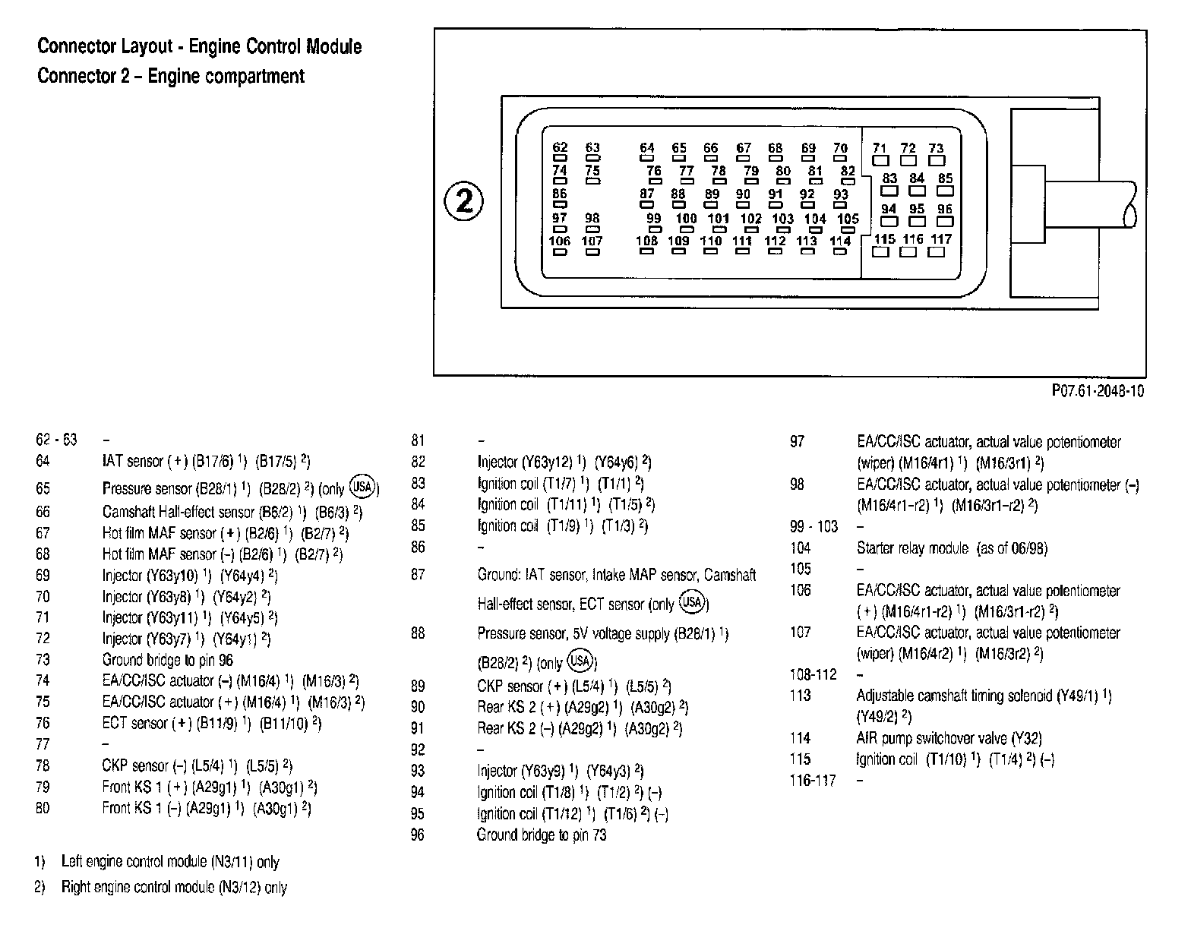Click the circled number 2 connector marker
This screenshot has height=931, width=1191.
tap(463, 201)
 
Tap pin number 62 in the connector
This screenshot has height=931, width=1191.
tap(560, 153)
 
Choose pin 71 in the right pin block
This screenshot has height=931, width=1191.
tap(880, 154)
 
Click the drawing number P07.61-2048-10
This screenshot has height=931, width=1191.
tap(1098, 391)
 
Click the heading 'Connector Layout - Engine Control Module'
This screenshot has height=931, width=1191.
tap(200, 47)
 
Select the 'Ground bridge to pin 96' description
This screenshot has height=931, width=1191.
tap(168, 660)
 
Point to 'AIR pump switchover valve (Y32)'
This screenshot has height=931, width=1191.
tap(949, 738)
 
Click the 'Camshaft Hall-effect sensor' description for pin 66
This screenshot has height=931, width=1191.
tap(178, 513)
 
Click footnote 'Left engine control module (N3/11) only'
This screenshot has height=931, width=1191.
tap(170, 862)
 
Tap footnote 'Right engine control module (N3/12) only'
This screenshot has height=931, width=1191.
tap(174, 887)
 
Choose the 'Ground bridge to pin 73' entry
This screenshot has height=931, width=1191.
tap(542, 835)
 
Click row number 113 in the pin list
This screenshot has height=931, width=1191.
tap(800, 696)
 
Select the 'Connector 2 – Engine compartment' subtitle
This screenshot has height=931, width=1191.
tap(171, 76)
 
